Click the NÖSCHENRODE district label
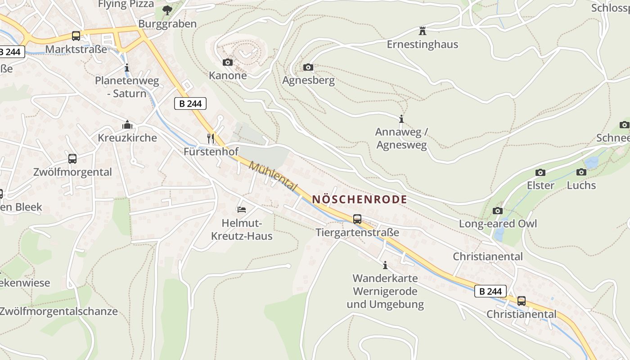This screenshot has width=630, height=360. [360, 199]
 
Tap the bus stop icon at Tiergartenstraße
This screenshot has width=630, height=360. [357, 219]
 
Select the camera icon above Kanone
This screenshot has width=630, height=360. [228, 63]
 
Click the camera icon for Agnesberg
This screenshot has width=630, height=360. [308, 67]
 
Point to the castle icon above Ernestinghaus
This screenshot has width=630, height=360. [422, 31]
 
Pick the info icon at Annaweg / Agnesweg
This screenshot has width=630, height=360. [401, 119]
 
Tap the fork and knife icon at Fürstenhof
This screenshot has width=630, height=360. [211, 138]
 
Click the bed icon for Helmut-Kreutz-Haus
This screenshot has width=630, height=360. [242, 210]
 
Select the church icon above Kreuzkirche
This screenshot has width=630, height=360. [127, 125]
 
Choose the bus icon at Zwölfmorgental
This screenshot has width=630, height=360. [72, 159]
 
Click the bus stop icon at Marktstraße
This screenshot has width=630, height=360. [76, 36]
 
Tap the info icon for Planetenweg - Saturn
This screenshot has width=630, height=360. [127, 68]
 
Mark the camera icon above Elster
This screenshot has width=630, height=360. [540, 172]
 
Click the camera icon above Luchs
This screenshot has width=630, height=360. [581, 172]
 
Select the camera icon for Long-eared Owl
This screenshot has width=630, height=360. [498, 211]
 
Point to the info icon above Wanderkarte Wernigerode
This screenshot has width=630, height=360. [385, 265]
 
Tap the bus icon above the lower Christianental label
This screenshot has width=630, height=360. [521, 301]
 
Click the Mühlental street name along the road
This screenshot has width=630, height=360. [273, 176]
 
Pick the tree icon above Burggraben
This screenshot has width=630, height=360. [167, 10]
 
